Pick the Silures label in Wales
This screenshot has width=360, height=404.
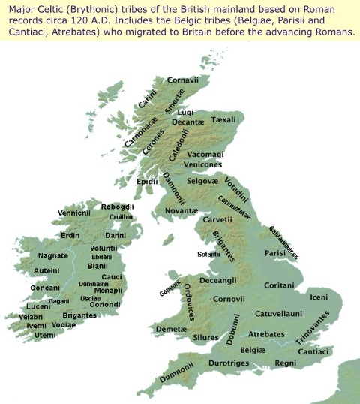pyautogui.click(x=185, y=338)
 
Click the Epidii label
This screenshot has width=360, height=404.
pyautogui.click(x=147, y=182)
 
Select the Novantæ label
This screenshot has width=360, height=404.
pyautogui.click(x=180, y=210)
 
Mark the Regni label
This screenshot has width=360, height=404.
pyautogui.click(x=286, y=363)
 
